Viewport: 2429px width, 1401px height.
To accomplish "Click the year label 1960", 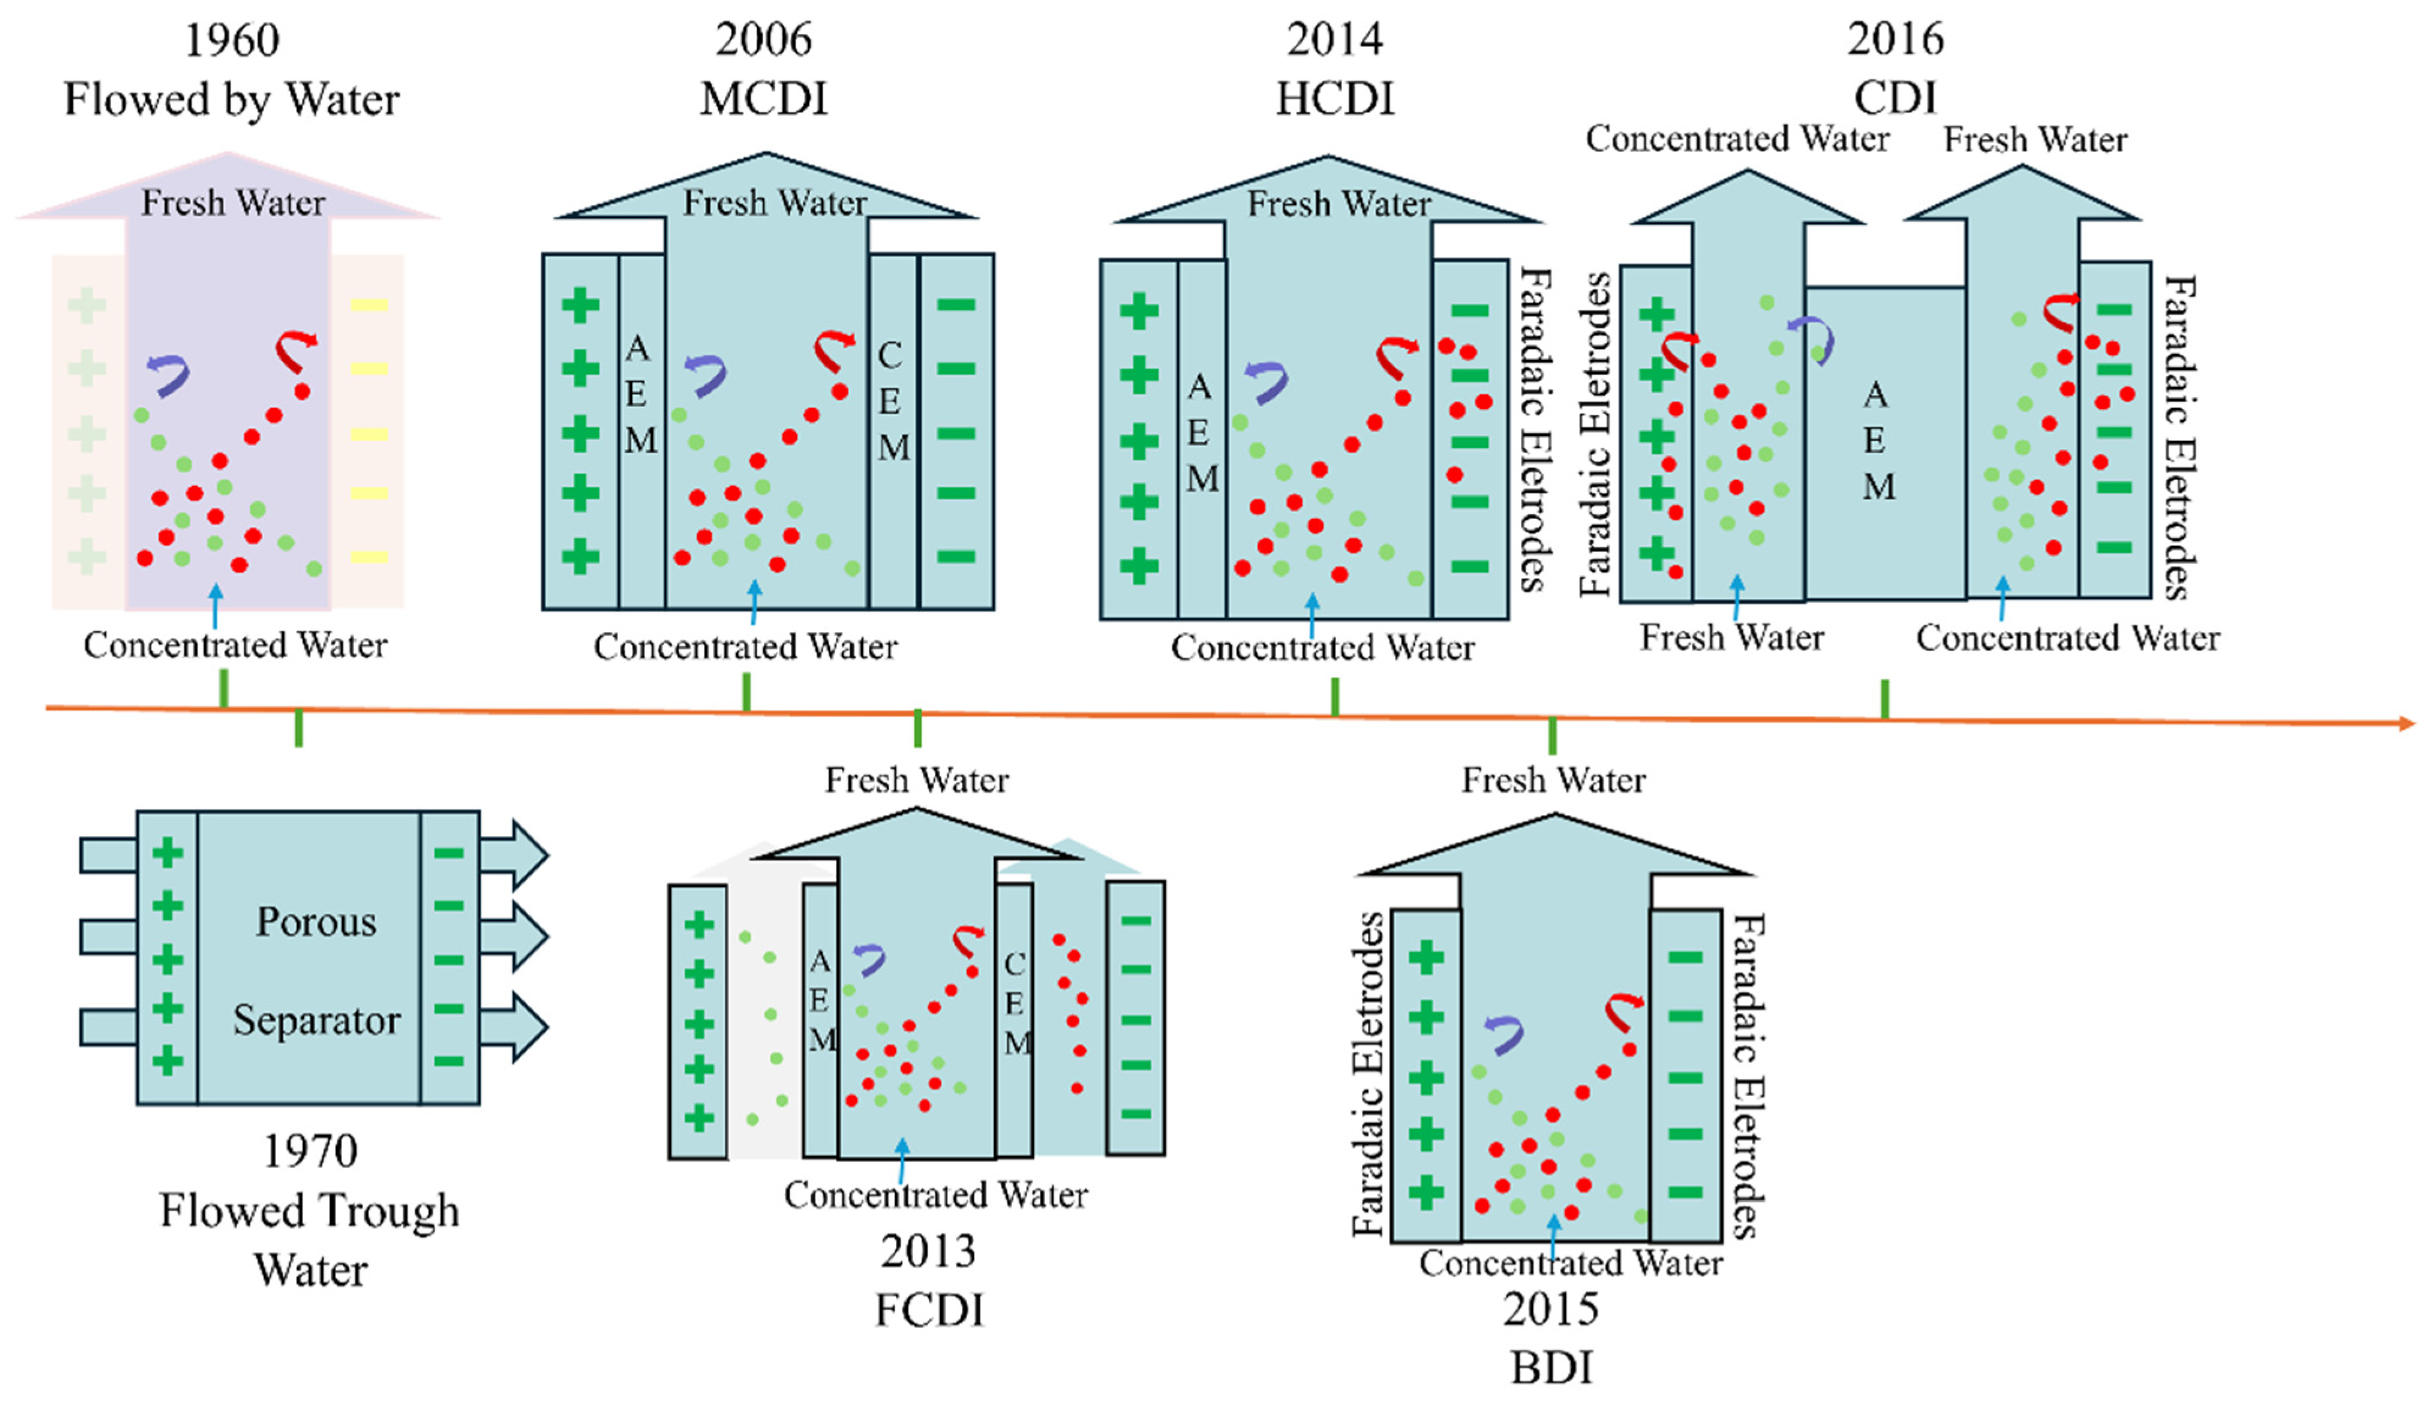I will click(x=232, y=41).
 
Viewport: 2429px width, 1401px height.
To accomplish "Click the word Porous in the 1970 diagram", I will click(x=315, y=922).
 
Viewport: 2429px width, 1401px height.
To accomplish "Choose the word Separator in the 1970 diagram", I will click(x=317, y=1020).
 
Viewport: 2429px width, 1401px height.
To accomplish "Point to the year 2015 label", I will click(x=1551, y=1308).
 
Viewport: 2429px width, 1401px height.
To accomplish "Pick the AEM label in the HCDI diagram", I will click(x=1200, y=433).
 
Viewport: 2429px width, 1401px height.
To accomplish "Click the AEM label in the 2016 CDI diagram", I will click(x=1877, y=440).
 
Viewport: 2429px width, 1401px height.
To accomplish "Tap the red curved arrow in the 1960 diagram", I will click(x=295, y=350).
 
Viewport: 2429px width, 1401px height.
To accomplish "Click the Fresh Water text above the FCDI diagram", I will click(x=917, y=780).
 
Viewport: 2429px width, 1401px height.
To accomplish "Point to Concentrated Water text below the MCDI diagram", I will click(x=746, y=647).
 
